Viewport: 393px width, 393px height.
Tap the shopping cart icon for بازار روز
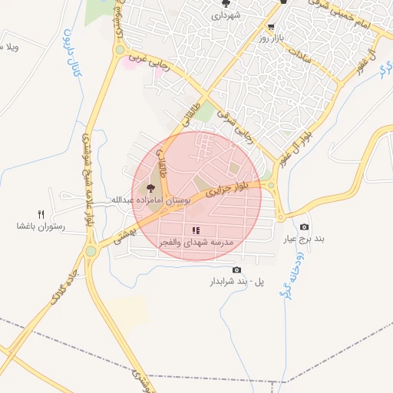pos(270,26)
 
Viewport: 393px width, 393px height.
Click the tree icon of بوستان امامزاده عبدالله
pos(150,187)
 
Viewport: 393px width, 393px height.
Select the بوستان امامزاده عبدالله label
pos(149,200)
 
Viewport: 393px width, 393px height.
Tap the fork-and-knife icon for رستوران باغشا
pos(41,215)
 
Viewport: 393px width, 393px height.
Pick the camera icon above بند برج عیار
pos(304,226)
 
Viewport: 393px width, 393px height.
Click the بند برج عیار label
pos(303,239)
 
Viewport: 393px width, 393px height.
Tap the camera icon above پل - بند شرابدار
pos(236,269)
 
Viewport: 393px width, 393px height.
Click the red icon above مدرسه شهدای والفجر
pos(196,230)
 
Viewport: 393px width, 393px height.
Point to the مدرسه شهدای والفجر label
pos(196,243)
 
